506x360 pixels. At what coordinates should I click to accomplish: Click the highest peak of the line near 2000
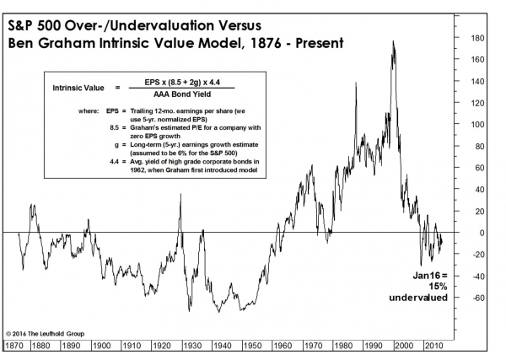[x=394, y=41]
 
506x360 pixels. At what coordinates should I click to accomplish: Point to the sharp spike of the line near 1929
[x=181, y=195]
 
